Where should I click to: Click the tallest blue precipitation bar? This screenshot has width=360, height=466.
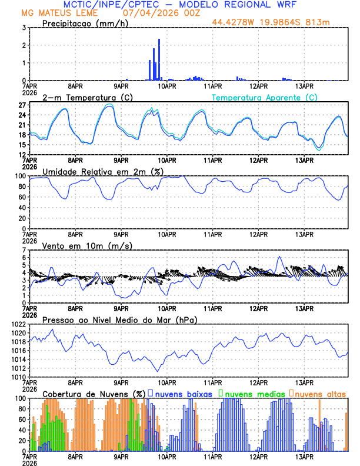[159, 59]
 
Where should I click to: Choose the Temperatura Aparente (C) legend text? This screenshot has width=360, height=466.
[265, 97]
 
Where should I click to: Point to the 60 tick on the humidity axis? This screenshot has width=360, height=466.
[20, 197]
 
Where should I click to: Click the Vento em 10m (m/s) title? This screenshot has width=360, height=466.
[87, 245]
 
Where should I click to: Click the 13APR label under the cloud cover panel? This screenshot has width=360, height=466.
[304, 457]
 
